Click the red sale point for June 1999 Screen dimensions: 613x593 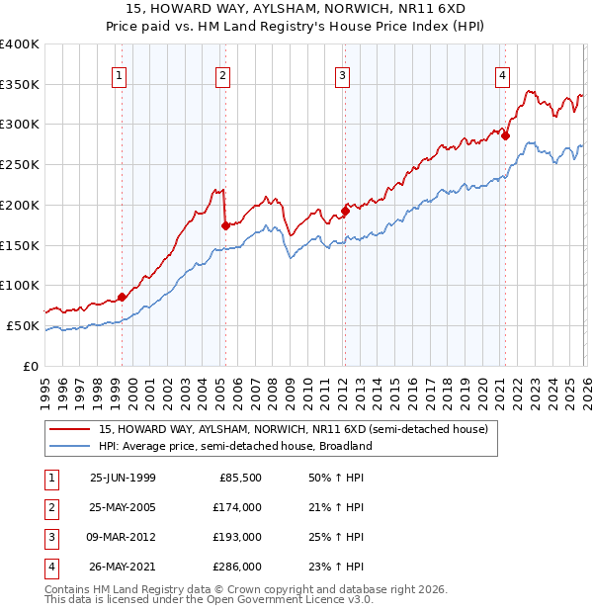click(x=123, y=297)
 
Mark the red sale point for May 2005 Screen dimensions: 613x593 click(x=225, y=225)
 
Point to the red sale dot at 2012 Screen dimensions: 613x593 click(x=345, y=210)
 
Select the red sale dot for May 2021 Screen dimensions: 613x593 click(x=505, y=135)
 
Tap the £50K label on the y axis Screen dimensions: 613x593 click(x=23, y=325)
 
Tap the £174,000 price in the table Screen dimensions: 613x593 click(x=238, y=507)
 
